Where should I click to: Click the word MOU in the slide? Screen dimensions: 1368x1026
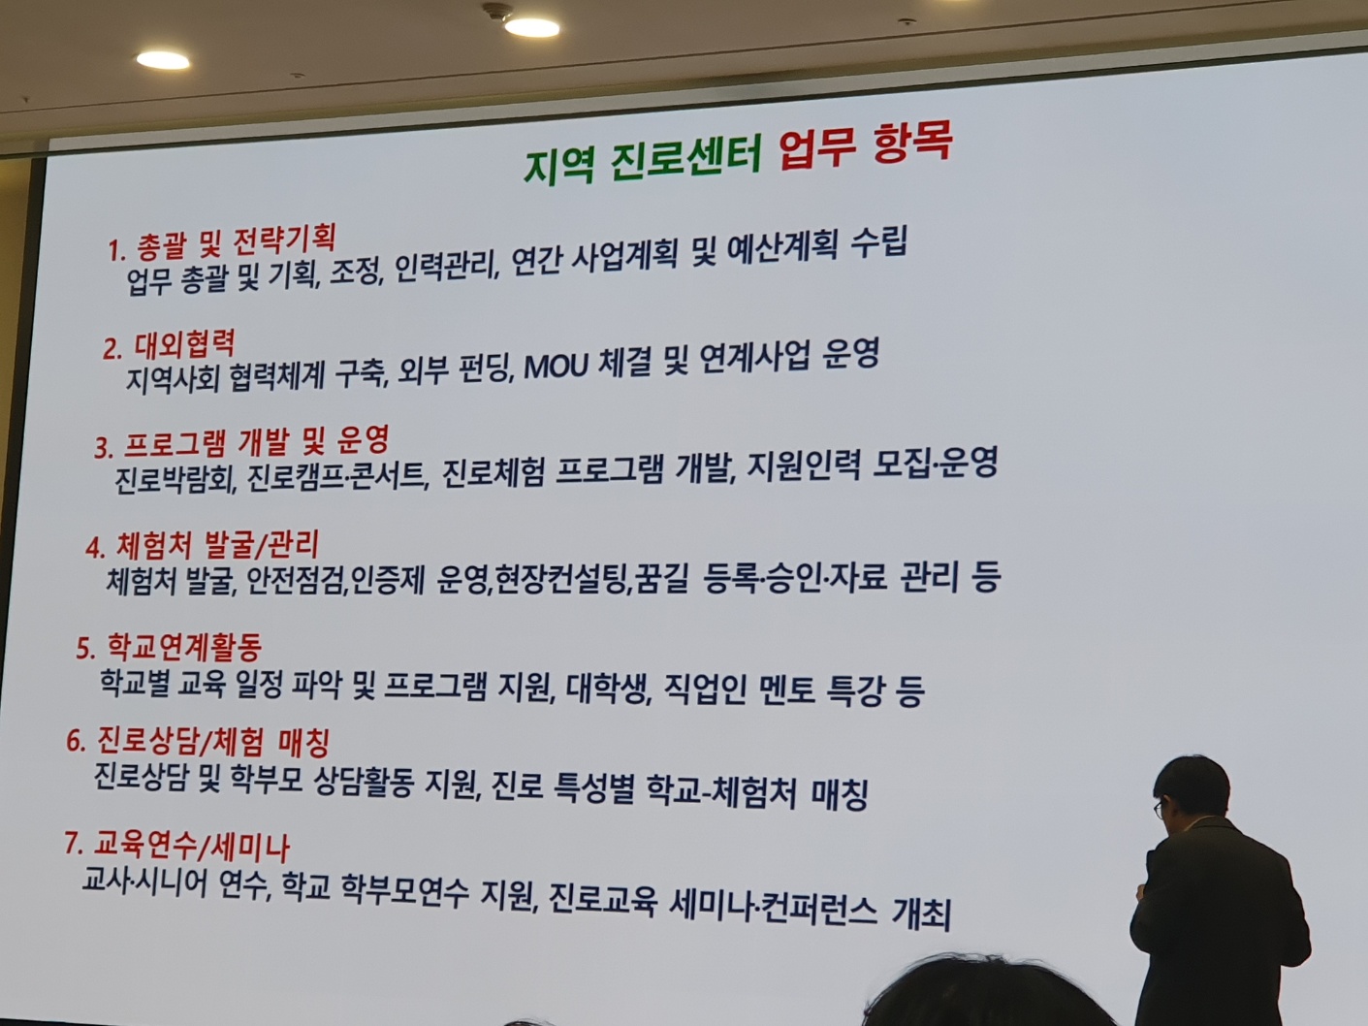(x=556, y=369)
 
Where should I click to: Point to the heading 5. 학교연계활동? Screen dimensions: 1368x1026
(x=169, y=647)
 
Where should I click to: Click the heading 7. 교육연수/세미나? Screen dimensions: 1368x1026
(x=177, y=847)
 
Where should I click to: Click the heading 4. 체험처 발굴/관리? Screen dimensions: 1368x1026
(x=202, y=546)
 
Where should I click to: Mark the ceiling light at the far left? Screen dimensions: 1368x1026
(x=163, y=60)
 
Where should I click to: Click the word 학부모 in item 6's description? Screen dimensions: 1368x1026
(x=267, y=781)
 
